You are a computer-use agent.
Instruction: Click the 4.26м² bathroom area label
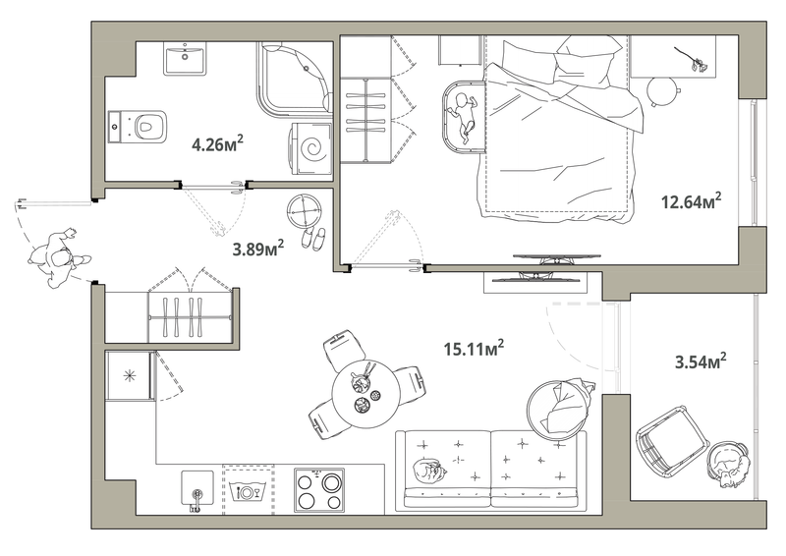click(x=217, y=144)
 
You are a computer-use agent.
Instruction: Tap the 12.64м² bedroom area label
click(x=692, y=201)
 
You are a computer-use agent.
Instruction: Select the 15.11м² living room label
click(x=474, y=349)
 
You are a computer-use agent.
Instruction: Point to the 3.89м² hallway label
click(x=258, y=248)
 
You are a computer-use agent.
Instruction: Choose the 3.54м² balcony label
click(x=701, y=361)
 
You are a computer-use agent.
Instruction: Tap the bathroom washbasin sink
click(x=185, y=58)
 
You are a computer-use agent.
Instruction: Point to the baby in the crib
click(x=463, y=116)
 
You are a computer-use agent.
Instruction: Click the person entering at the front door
click(x=59, y=258)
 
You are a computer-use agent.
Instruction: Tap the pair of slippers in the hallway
click(x=313, y=238)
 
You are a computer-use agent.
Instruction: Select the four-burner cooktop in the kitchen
click(x=319, y=490)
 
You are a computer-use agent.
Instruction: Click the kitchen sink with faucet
click(x=196, y=489)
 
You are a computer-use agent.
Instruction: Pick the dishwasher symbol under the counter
click(x=248, y=490)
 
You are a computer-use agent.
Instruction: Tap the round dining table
click(x=365, y=394)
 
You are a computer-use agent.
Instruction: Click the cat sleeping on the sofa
click(x=429, y=472)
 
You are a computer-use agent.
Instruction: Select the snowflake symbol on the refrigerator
click(x=130, y=375)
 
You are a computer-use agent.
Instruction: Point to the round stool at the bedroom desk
click(x=662, y=91)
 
